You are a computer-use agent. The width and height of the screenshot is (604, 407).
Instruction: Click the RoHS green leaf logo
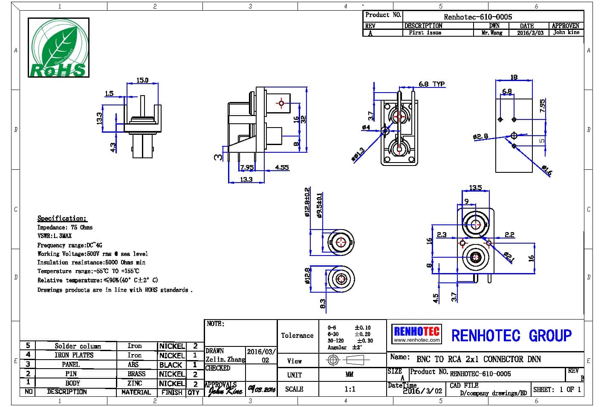coord(58,47)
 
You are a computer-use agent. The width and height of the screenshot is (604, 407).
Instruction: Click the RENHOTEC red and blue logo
coord(416,334)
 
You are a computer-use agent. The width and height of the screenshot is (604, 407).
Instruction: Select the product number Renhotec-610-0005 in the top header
coord(478,17)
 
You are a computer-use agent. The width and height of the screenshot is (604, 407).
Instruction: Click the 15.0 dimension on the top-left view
coord(142,80)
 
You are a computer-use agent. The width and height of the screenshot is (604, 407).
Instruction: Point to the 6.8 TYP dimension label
coord(431,84)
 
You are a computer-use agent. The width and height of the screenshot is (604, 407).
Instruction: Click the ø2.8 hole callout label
coord(480,137)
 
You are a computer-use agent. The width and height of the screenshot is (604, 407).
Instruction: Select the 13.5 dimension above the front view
coord(475,188)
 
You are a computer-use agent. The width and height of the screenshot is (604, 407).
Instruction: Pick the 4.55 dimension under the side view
coord(282,167)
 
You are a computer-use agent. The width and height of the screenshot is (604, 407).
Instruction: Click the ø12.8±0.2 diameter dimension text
coord(307,203)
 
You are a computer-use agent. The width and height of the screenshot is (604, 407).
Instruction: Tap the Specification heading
coord(62,218)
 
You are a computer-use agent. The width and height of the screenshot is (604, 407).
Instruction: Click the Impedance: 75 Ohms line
coord(65,227)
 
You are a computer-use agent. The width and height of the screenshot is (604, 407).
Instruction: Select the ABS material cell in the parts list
coord(133,364)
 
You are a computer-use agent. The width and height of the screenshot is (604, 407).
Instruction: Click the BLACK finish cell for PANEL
coord(171,365)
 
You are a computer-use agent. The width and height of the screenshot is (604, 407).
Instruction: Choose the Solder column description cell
coord(78,346)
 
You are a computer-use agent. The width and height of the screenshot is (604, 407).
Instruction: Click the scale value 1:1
coord(350,389)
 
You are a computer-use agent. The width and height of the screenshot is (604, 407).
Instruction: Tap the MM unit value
coord(349,375)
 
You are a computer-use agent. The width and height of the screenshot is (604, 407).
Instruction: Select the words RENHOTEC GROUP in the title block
coord(511,336)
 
